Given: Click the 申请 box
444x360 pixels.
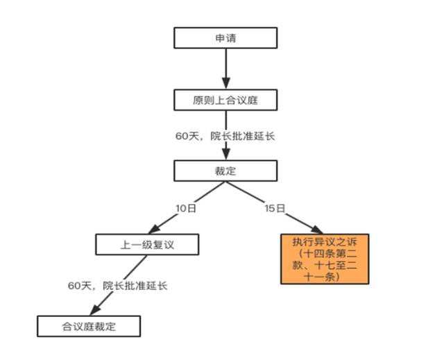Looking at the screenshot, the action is (x=225, y=38).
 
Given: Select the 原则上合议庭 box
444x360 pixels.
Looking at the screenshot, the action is (x=225, y=100).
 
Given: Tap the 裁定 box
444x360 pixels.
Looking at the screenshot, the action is (x=225, y=171).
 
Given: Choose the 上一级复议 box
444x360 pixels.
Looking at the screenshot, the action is (x=147, y=245).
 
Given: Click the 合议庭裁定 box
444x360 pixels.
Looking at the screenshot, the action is (x=89, y=326).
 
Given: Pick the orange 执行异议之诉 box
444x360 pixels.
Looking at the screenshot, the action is (x=325, y=259).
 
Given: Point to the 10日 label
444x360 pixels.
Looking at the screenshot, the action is (x=186, y=208).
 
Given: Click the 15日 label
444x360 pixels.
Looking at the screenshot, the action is (x=275, y=208).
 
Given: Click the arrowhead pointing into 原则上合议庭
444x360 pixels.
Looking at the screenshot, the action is (x=225, y=83).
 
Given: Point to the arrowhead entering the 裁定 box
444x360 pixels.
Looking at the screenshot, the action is (x=225, y=154).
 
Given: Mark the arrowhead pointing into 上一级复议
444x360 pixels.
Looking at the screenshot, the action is (x=154, y=229).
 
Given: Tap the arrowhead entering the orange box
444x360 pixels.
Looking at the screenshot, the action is (x=317, y=229).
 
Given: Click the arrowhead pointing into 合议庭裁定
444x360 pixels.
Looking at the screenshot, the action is (x=95, y=310).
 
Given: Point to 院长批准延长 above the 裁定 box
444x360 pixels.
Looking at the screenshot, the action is (x=243, y=136).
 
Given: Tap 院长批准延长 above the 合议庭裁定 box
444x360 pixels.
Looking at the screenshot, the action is (x=135, y=286).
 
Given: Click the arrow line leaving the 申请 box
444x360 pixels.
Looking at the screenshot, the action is (x=225, y=69).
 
